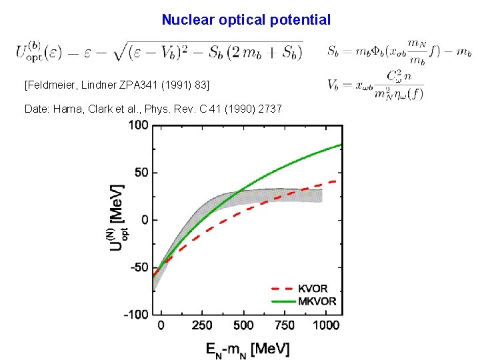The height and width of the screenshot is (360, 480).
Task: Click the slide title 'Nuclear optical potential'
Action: pos(245,20)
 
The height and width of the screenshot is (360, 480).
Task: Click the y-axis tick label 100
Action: pos(138,125)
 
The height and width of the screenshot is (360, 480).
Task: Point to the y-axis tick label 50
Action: pos(141,173)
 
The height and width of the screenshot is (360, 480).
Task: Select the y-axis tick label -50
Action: pos(138,267)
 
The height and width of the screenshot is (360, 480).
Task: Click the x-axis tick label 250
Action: pos(202,325)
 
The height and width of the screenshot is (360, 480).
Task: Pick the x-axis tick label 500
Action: pos(243,325)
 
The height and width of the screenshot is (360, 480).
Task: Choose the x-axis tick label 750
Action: pos(285,325)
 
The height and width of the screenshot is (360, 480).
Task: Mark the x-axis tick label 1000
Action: pos(326,325)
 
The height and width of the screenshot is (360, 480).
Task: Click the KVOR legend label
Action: pos(313,289)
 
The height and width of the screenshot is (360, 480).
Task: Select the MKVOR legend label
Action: pos(317,301)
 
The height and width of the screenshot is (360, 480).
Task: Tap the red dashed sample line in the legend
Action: pos(283,289)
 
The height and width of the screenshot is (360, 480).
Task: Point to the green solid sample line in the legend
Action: pos(283,301)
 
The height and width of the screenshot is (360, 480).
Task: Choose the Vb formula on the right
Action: pos(375,85)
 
